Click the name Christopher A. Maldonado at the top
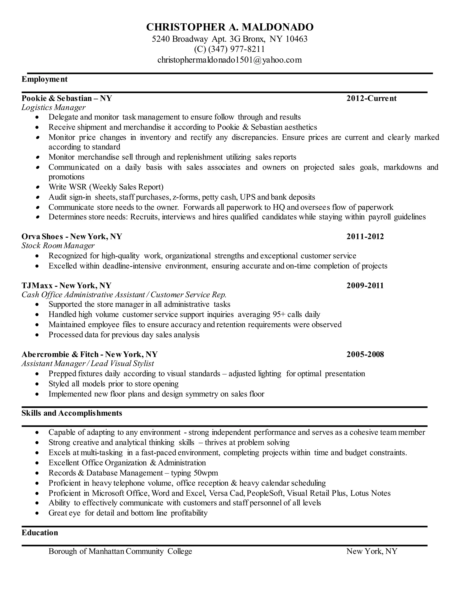(x=230, y=27)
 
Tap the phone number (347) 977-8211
(x=236, y=49)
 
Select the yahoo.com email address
(x=230, y=60)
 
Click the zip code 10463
(x=296, y=39)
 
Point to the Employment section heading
(x=44, y=79)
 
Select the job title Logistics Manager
(x=53, y=107)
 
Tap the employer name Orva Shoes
(x=42, y=236)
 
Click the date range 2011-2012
(x=365, y=236)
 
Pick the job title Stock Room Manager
(x=58, y=245)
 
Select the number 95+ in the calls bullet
(x=279, y=314)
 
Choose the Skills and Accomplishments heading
(x=72, y=413)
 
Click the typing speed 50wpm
(x=206, y=473)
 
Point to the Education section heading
(x=40, y=533)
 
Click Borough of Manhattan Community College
(x=120, y=551)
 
